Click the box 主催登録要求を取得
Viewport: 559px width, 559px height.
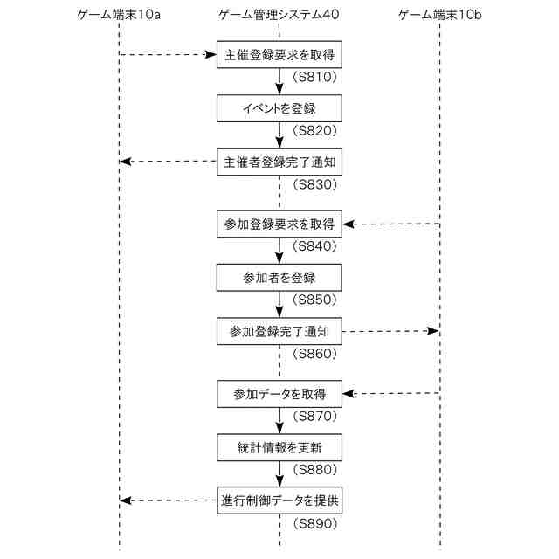(279, 54)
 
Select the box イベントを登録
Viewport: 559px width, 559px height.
(279, 108)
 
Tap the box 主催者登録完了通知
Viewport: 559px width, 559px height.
(279, 162)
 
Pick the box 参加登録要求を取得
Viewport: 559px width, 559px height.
(279, 224)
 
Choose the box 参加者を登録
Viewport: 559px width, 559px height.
(279, 277)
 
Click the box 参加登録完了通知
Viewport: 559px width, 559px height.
(279, 331)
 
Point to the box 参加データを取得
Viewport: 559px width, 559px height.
(279, 393)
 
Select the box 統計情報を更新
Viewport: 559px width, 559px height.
(279, 447)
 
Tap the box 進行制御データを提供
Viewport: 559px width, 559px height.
(279, 500)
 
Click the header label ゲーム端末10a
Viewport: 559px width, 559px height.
(119, 15)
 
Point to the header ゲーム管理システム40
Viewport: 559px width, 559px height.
(278, 15)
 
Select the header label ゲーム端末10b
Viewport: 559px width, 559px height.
(438, 15)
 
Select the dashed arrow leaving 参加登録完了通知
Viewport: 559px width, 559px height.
(390, 331)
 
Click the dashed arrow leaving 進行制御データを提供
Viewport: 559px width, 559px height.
(169, 500)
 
